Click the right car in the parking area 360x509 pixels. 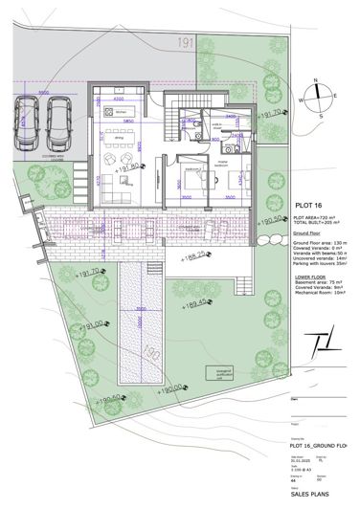click(60, 121)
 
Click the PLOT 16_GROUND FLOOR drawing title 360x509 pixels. click(317, 446)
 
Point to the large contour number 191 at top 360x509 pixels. click(185, 42)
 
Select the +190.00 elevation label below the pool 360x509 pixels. click(176, 388)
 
